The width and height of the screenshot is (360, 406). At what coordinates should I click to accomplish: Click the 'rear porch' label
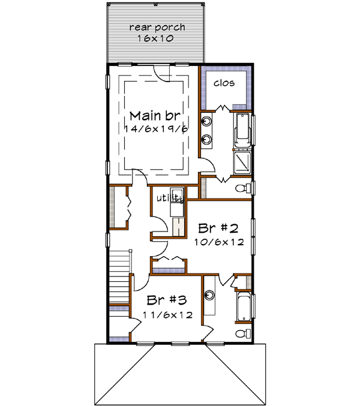tap(157, 27)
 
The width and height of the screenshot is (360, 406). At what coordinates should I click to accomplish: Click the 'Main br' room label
tap(155, 116)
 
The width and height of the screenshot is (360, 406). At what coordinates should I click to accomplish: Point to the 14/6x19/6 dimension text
tap(155, 129)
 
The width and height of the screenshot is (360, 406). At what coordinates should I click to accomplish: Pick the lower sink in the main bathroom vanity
tap(208, 140)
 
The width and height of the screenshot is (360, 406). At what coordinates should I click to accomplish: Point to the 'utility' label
tap(169, 197)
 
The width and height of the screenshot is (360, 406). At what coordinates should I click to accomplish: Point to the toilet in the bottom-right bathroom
tap(242, 333)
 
